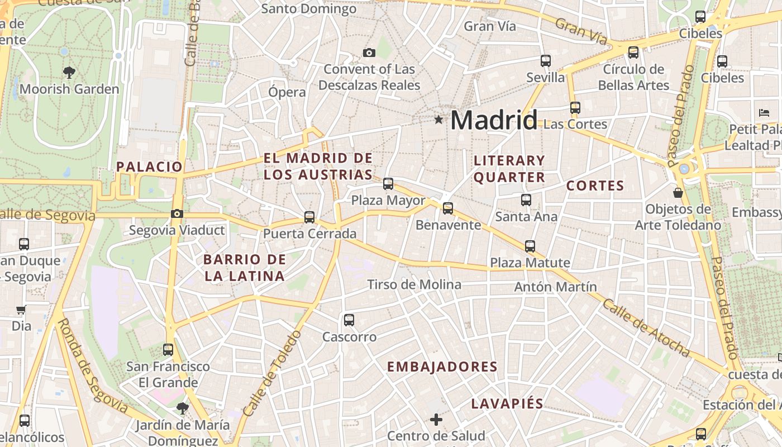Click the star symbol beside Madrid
[438, 120]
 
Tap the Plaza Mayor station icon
[388, 183]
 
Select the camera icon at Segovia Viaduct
[177, 213]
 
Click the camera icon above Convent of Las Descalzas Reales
[369, 53]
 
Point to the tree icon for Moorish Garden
[69, 72]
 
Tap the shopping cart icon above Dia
[21, 310]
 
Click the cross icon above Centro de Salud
[436, 419]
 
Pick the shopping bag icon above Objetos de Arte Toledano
[678, 193]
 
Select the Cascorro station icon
[349, 320]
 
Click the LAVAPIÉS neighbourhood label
[507, 403]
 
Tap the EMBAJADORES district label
[442, 367]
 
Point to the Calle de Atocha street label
[646, 328]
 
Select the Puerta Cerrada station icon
[309, 217]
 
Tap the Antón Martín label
[555, 287]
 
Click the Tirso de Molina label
[414, 284]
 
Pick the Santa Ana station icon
[526, 199]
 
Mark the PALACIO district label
[149, 167]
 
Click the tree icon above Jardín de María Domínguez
[182, 408]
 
